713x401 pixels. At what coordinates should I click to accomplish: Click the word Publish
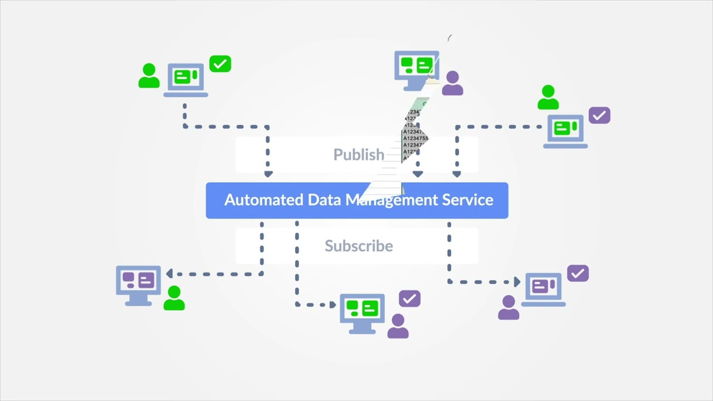click(x=359, y=154)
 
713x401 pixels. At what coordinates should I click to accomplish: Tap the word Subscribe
click(x=359, y=246)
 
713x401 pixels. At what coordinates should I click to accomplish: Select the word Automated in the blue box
click(x=264, y=200)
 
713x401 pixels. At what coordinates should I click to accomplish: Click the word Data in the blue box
click(x=325, y=200)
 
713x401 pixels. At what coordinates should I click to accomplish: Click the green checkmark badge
click(x=220, y=64)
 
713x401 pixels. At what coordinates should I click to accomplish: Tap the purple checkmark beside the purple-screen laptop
click(x=578, y=273)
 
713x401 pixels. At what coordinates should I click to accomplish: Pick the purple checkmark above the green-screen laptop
click(x=599, y=116)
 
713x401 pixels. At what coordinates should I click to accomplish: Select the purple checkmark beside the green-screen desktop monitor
click(x=409, y=299)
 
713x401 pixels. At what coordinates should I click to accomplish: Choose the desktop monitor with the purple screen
click(x=138, y=284)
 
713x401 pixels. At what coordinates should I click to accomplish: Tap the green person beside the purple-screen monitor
click(x=174, y=299)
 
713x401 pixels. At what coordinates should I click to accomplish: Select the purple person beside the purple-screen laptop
click(x=508, y=307)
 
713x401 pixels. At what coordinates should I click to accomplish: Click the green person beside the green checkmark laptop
click(x=149, y=76)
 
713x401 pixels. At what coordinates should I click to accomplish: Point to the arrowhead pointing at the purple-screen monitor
click(x=169, y=273)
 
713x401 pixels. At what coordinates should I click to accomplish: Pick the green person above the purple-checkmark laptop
click(x=548, y=97)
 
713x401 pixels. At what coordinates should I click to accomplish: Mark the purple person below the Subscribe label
click(x=398, y=326)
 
